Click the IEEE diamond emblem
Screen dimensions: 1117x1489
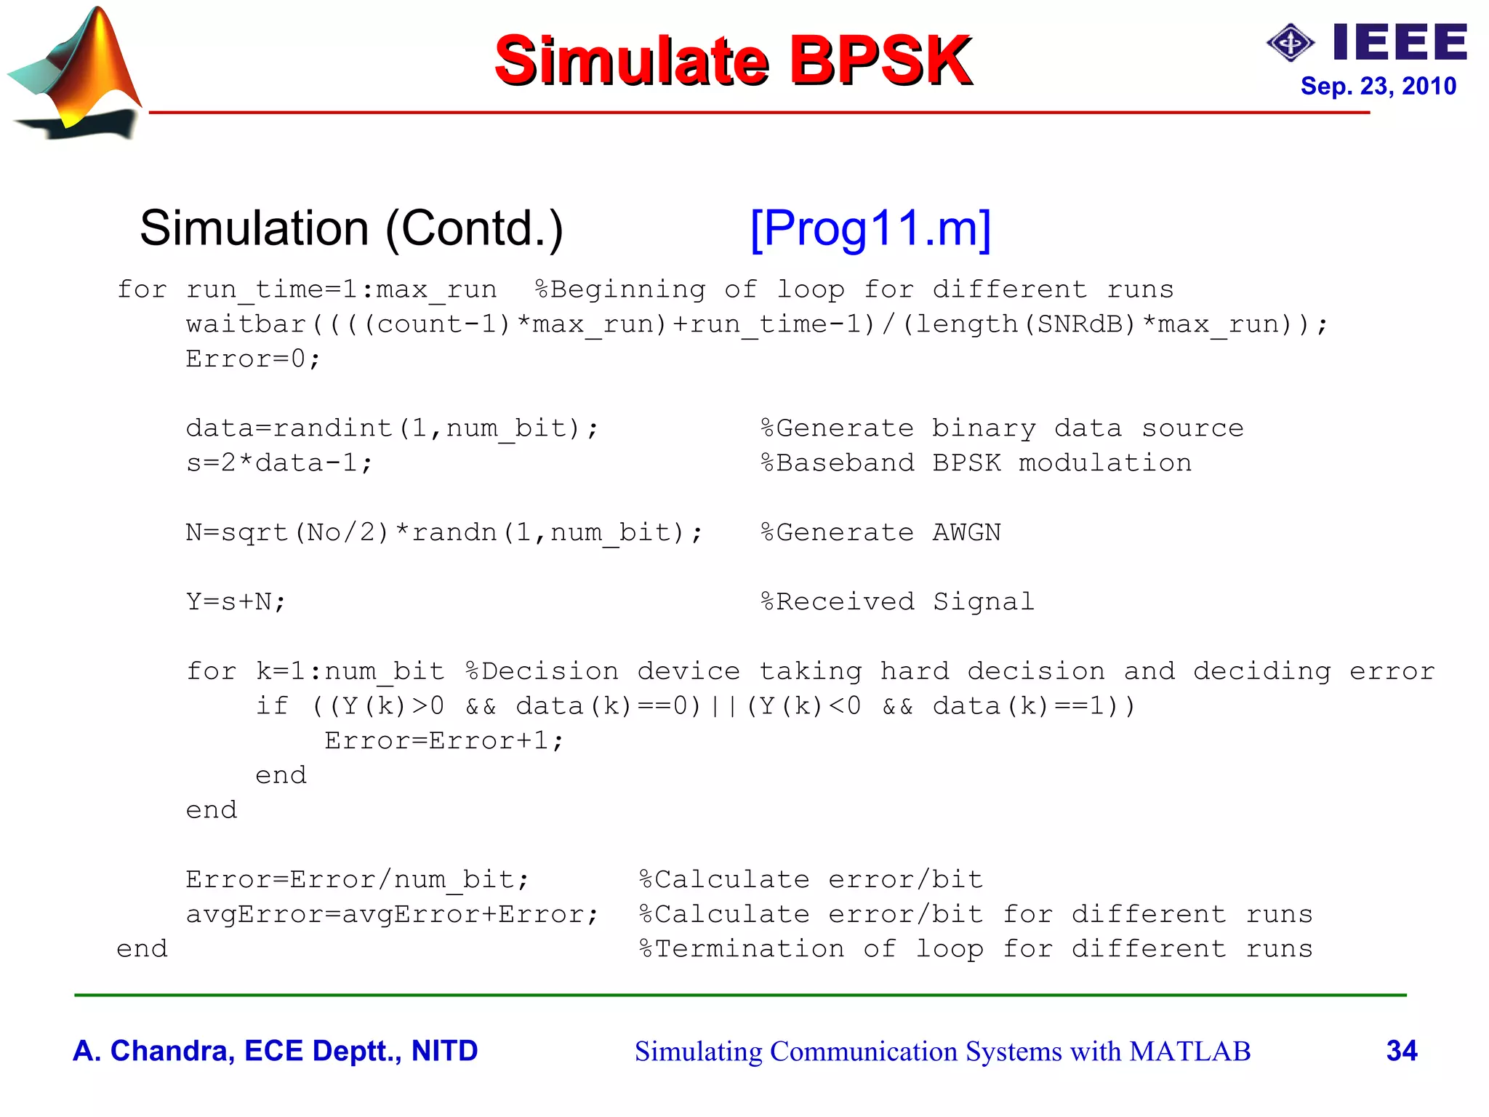click(x=1290, y=43)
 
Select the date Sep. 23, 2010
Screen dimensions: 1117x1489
click(x=1378, y=87)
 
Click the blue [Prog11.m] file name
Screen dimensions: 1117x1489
click(x=870, y=228)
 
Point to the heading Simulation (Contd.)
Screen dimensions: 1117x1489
click(x=351, y=228)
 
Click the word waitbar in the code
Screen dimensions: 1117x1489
click(x=246, y=324)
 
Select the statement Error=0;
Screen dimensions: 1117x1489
click(x=252, y=359)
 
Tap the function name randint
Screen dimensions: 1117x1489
click(x=332, y=428)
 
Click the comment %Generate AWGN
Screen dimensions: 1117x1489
click(x=880, y=533)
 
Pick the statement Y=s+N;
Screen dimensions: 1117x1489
click(x=236, y=602)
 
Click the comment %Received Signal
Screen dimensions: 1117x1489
click(x=897, y=602)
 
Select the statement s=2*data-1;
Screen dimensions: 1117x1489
click(x=279, y=463)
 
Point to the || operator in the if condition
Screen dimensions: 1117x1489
click(x=723, y=706)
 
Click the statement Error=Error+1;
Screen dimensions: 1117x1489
click(x=444, y=741)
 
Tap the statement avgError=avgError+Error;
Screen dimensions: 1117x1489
click(x=392, y=915)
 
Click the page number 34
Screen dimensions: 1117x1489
click(x=1401, y=1051)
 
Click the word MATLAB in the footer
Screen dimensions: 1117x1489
click(x=1189, y=1052)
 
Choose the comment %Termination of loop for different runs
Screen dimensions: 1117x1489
click(x=976, y=950)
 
